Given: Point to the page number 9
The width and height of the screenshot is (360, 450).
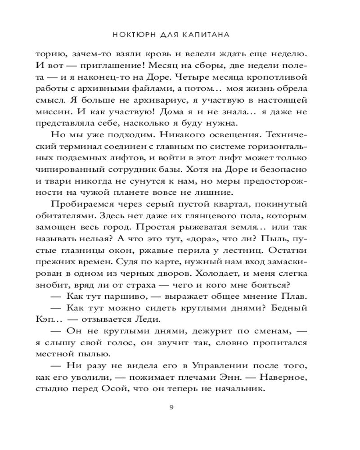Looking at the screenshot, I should pyautogui.click(x=171, y=408).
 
